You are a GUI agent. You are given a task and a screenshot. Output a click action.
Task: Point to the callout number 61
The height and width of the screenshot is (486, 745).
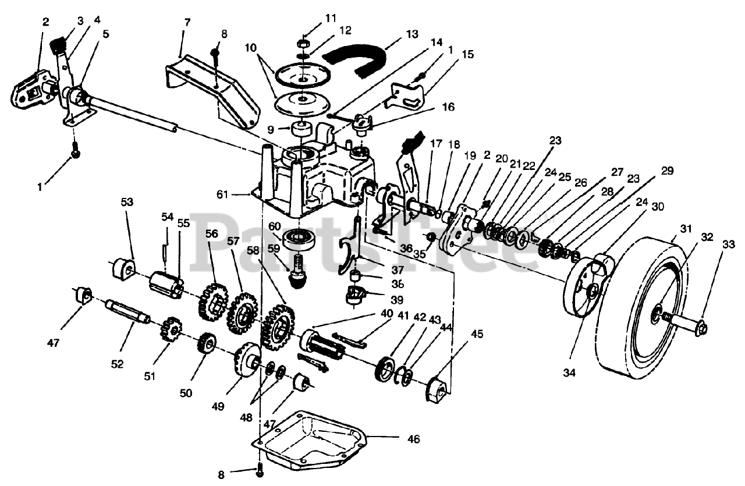(x=222, y=194)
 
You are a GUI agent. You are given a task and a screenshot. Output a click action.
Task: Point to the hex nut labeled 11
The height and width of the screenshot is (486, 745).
(x=303, y=44)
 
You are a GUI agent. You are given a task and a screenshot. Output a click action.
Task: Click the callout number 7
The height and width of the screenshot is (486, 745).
(x=187, y=23)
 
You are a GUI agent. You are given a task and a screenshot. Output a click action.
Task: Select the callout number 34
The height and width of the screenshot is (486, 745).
(x=569, y=373)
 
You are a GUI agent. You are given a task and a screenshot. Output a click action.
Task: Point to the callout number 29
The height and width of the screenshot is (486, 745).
(x=667, y=171)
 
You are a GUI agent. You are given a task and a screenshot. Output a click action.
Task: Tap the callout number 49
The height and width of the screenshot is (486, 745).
(x=218, y=406)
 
